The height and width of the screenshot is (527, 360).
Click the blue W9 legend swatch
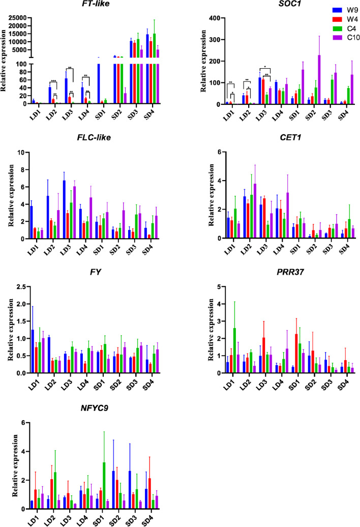pyautogui.click(x=320, y=9)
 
